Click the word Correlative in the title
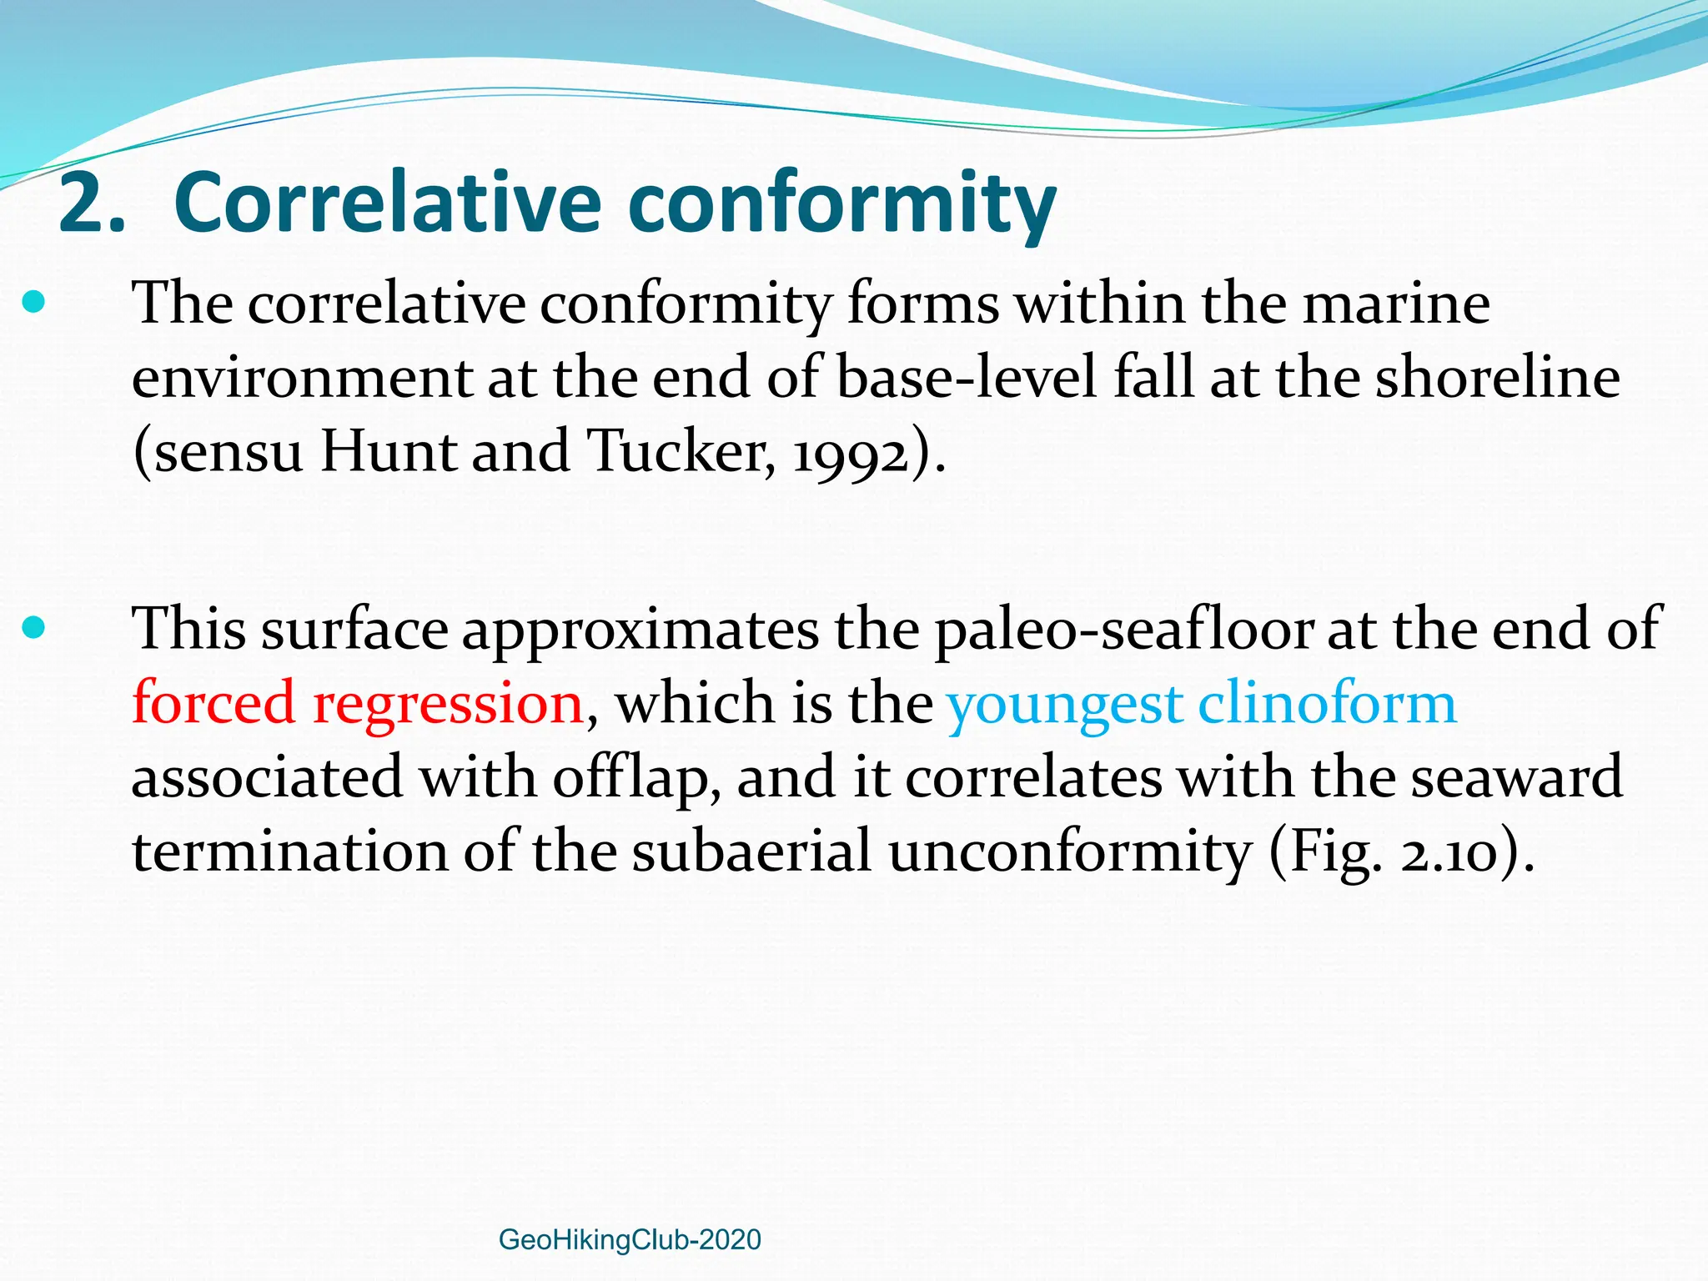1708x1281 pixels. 387,203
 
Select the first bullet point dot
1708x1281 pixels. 33,301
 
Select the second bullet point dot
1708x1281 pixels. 33,627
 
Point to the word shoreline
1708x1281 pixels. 1497,377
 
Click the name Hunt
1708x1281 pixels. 389,451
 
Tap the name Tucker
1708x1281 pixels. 681,451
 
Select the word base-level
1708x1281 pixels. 967,377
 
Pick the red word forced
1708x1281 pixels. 213,702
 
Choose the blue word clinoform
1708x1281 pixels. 1327,702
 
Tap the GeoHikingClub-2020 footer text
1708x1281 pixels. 630,1240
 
